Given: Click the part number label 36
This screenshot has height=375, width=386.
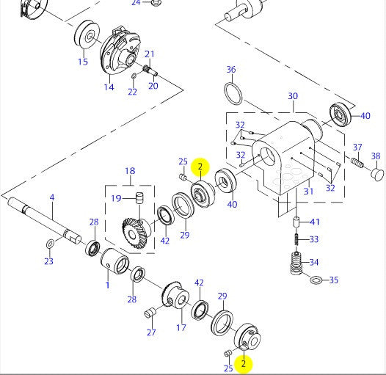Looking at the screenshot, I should point(231,70).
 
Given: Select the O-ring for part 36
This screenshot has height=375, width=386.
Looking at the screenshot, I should point(233,95).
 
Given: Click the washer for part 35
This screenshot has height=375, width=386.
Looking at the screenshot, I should point(316,280).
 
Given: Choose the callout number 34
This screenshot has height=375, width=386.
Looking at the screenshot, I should point(313,262).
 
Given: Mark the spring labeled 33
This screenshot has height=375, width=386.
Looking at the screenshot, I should point(295,239).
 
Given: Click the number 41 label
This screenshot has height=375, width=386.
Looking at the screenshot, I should point(314,222).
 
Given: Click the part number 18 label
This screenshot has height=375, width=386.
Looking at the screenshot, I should point(129,172).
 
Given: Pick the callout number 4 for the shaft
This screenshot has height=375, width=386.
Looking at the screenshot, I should point(52,197).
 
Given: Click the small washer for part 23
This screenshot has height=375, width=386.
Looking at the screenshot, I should point(49,243).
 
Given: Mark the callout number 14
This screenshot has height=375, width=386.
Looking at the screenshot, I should point(109,87).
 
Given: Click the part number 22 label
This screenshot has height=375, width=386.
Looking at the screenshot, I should point(132,92).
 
